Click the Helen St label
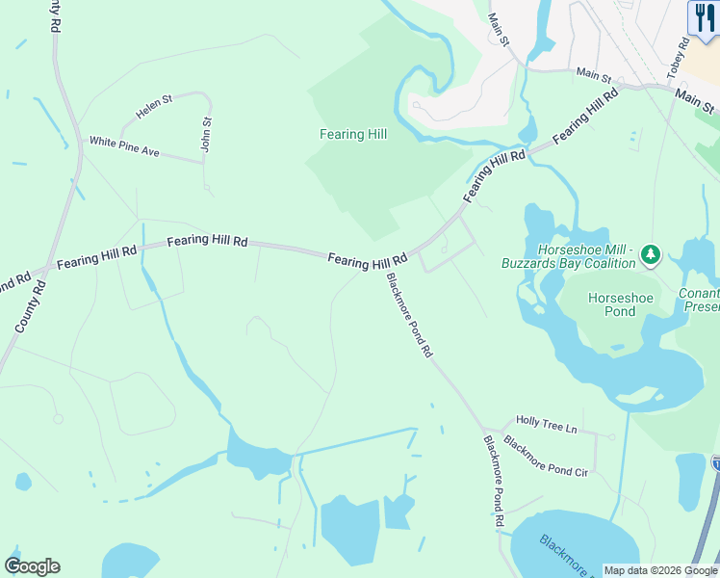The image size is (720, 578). pyautogui.click(x=154, y=107)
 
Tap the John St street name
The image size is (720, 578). pyautogui.click(x=206, y=134)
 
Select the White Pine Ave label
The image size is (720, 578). pyautogui.click(x=124, y=146)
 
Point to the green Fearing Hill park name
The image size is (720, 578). pyautogui.click(x=353, y=134)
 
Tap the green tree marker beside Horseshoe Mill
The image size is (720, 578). pyautogui.click(x=652, y=254)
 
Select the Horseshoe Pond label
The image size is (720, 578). pyautogui.click(x=620, y=304)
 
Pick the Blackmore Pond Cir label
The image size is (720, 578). pyautogui.click(x=545, y=457)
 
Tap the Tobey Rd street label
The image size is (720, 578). pyautogui.click(x=679, y=58)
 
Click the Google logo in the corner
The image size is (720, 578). pyautogui.click(x=32, y=566)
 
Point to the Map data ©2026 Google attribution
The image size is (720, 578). pyautogui.click(x=659, y=570)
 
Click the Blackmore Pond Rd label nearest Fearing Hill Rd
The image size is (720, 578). pyautogui.click(x=409, y=315)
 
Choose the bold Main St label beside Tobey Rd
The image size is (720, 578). pyautogui.click(x=695, y=98)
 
